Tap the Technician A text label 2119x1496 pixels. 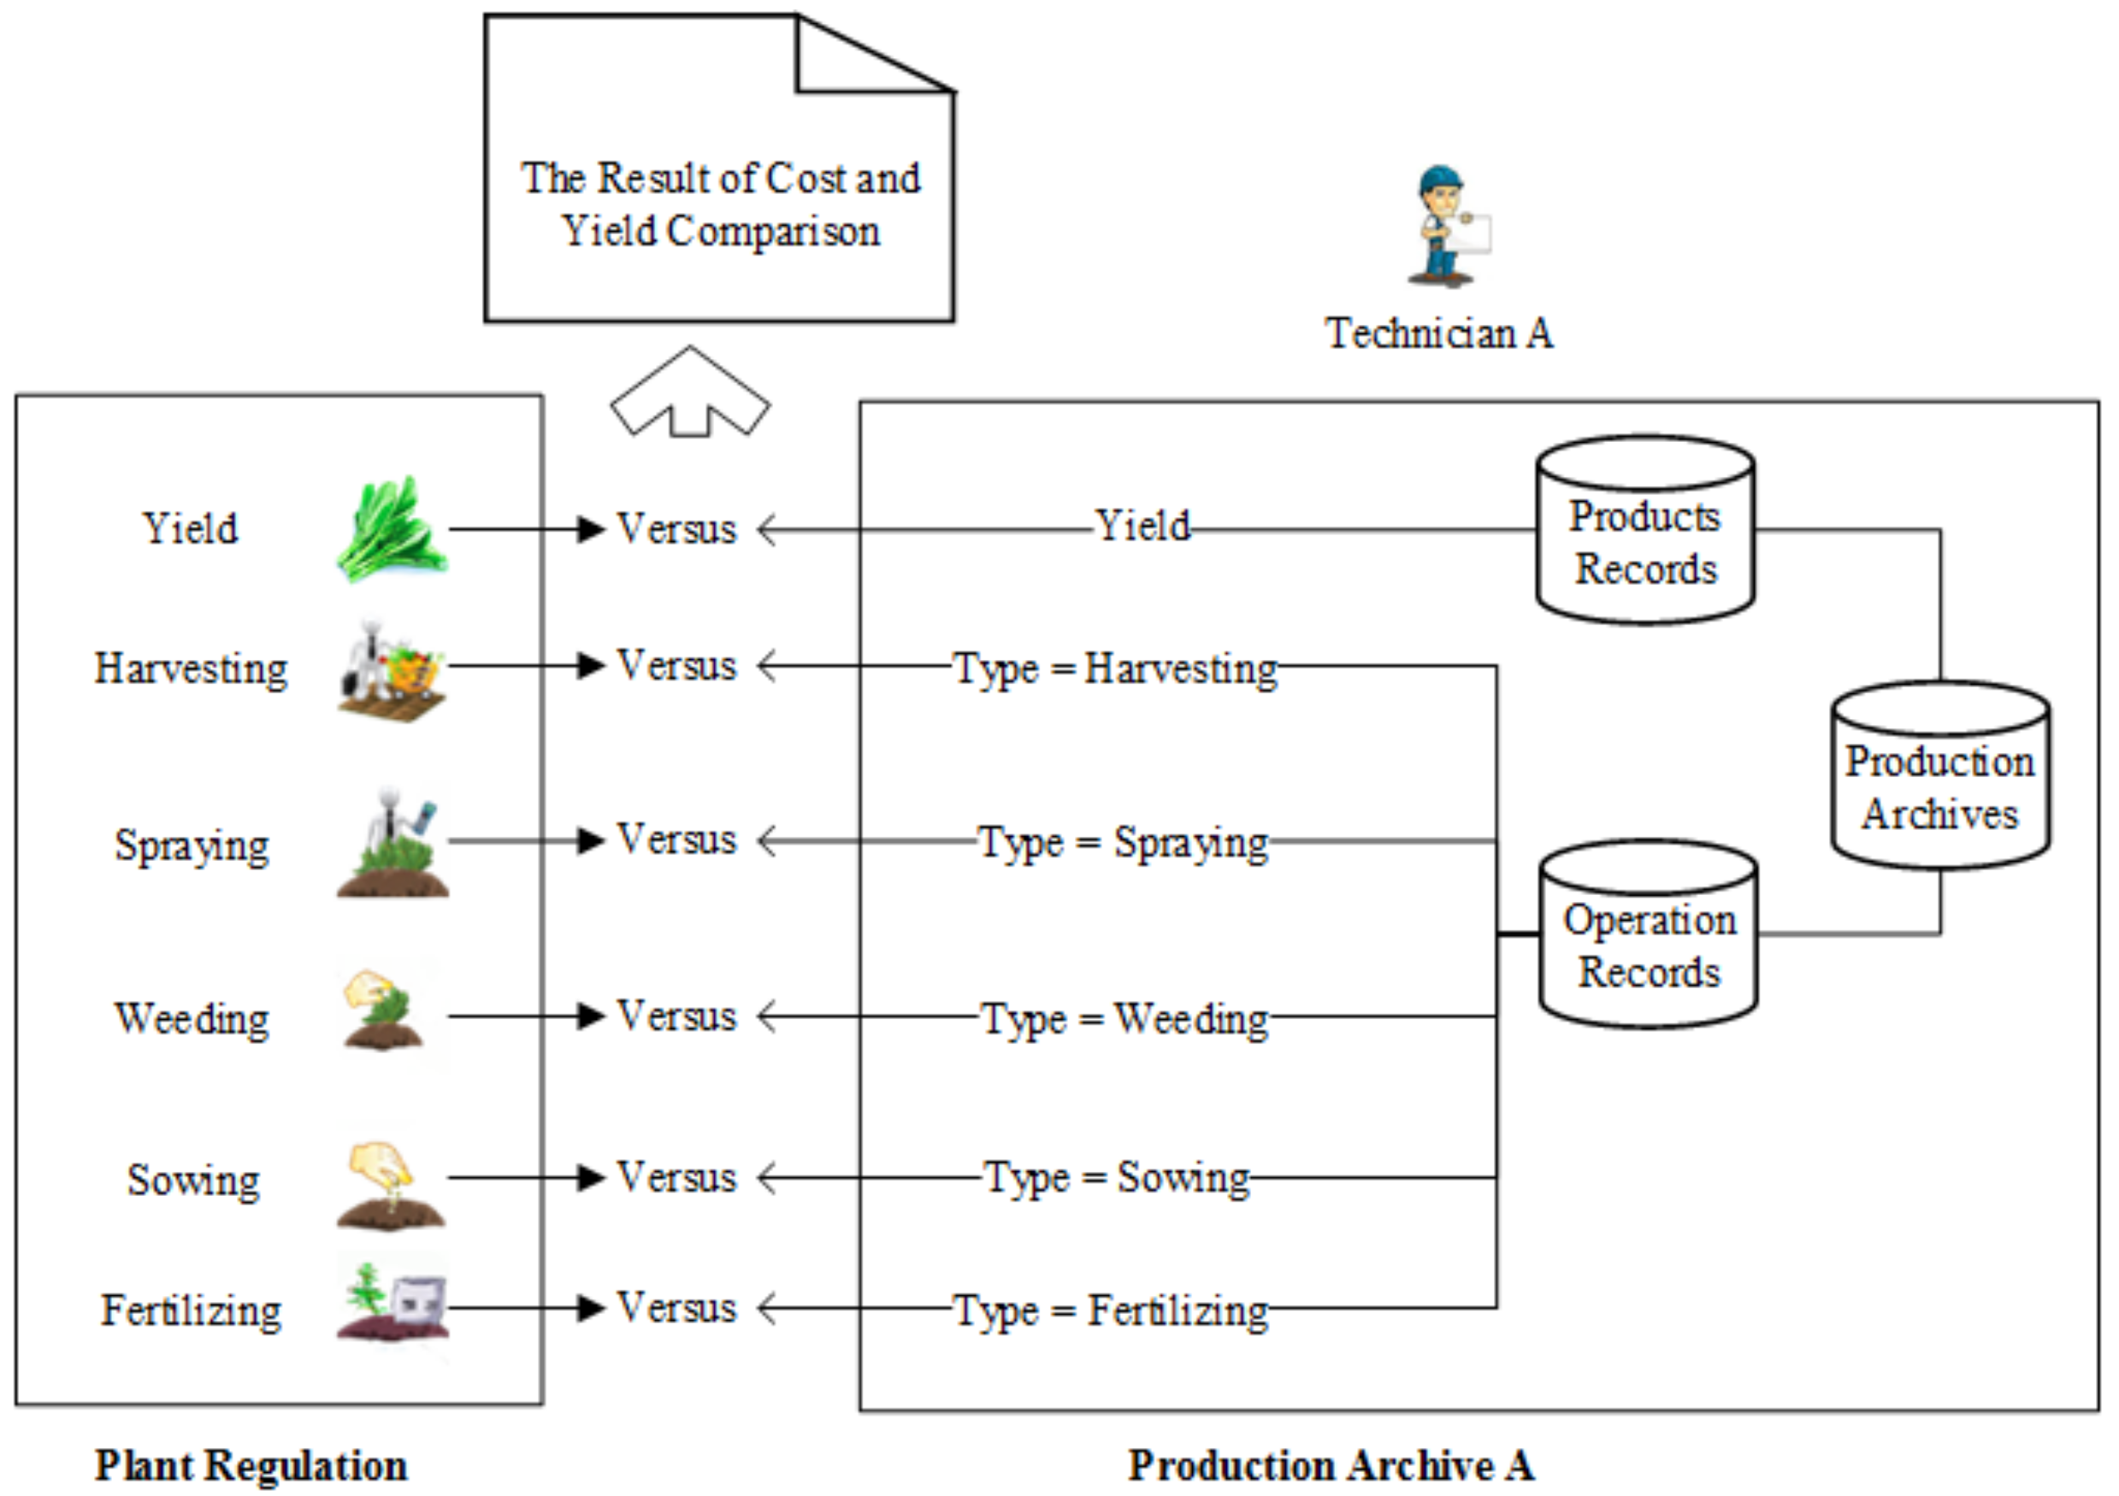(x=1439, y=334)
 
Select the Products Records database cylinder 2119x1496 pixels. (x=1644, y=532)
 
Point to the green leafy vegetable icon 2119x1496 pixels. (x=392, y=530)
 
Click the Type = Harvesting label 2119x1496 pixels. (x=1115, y=669)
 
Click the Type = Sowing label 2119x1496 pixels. (x=1117, y=1179)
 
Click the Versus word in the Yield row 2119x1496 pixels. (x=676, y=530)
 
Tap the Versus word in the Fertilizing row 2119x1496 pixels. (x=676, y=1309)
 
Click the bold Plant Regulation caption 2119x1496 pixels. (x=251, y=1465)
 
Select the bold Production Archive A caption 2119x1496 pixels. (x=1331, y=1465)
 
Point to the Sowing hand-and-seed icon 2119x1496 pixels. (x=392, y=1185)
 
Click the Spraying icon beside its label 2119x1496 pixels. (x=393, y=844)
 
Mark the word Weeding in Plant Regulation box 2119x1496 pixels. (x=192, y=1020)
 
